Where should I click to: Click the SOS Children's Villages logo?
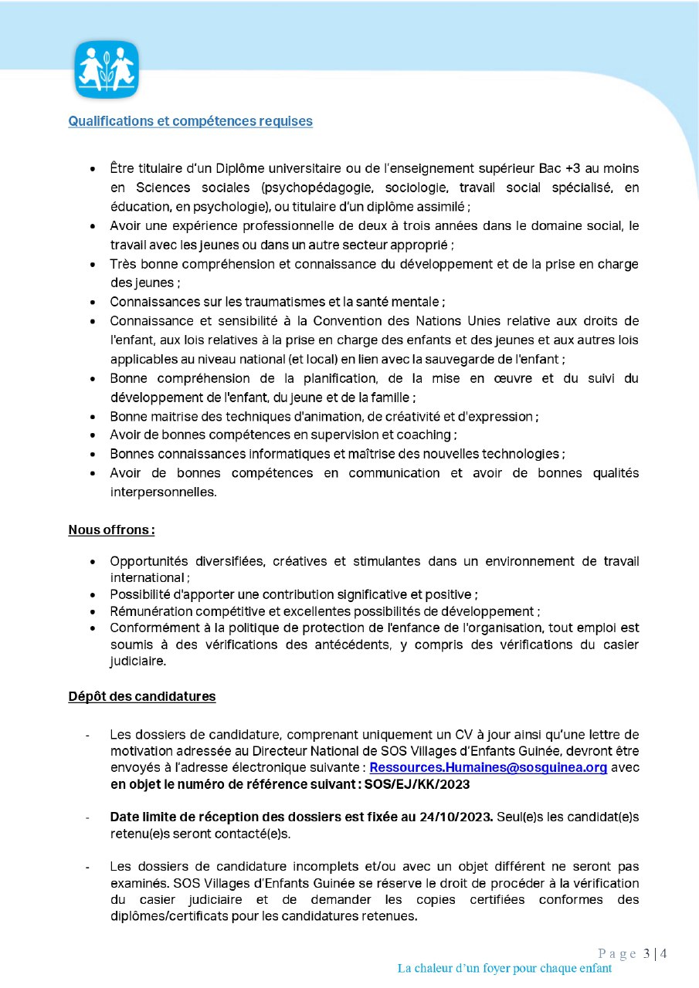[x=106, y=69]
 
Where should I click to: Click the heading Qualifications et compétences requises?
[x=190, y=121]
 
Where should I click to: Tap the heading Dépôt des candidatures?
[x=141, y=696]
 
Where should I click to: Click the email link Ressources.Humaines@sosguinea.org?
[x=488, y=768]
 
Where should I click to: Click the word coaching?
[x=420, y=435]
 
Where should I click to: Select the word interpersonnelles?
[x=163, y=491]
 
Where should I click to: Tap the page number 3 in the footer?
[x=646, y=953]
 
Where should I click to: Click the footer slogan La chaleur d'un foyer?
[x=504, y=968]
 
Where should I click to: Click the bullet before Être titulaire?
[x=93, y=168]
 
